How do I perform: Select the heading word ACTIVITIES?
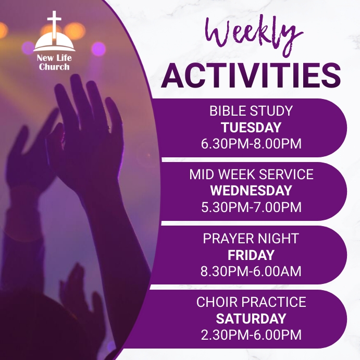click(251, 75)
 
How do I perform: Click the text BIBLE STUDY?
click(251, 111)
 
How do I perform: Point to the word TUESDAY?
click(251, 128)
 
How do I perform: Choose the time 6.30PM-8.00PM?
click(251, 144)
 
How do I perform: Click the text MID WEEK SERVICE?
click(251, 175)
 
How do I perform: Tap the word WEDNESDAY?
click(251, 191)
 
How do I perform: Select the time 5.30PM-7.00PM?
click(251, 207)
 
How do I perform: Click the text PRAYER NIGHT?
click(251, 239)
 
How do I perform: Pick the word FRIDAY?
click(251, 255)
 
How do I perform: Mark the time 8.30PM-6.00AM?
click(251, 271)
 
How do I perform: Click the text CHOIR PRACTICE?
click(251, 302)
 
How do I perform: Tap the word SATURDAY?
click(251, 318)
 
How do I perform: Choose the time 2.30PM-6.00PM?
click(251, 334)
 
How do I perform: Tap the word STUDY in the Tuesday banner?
click(272, 111)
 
